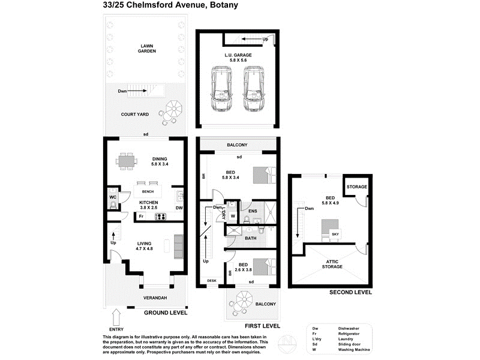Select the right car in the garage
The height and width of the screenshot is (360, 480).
tap(256, 88)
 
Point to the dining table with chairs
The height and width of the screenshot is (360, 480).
tap(127, 161)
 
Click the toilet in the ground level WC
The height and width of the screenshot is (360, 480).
tap(113, 206)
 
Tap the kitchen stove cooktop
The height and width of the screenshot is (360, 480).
tap(160, 217)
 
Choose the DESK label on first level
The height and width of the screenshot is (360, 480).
tap(211, 280)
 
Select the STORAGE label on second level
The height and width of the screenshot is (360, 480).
tap(358, 187)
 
